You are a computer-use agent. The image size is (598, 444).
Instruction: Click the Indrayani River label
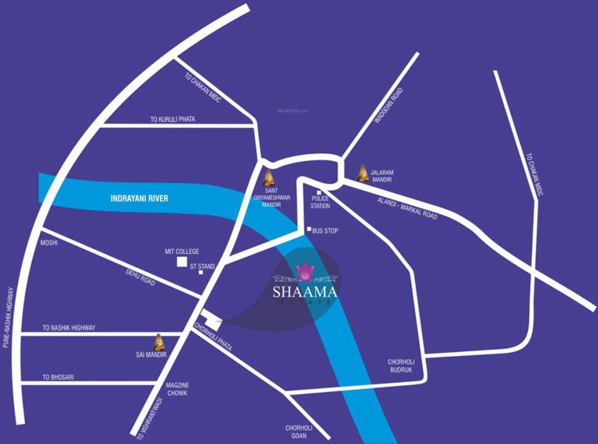[139, 198]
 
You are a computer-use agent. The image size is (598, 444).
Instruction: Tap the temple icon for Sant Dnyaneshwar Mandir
[268, 177]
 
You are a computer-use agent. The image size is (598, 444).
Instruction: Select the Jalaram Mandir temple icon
[362, 173]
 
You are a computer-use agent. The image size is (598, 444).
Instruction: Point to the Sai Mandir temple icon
[159, 342]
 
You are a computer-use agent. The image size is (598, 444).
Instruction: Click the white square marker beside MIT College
[182, 262]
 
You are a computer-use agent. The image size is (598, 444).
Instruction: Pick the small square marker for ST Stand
[201, 272]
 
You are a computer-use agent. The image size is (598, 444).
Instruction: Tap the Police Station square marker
[319, 193]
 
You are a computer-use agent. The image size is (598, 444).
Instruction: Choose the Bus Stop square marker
[309, 230]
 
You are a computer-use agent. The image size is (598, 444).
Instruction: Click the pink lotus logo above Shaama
[304, 271]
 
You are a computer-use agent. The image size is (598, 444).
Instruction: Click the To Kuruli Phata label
[173, 120]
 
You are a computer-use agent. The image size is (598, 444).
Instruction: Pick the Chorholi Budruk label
[400, 366]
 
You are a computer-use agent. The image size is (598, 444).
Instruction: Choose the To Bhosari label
[58, 378]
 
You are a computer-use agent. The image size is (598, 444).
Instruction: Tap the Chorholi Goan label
[299, 432]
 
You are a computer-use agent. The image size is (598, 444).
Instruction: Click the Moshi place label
[48, 243]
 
